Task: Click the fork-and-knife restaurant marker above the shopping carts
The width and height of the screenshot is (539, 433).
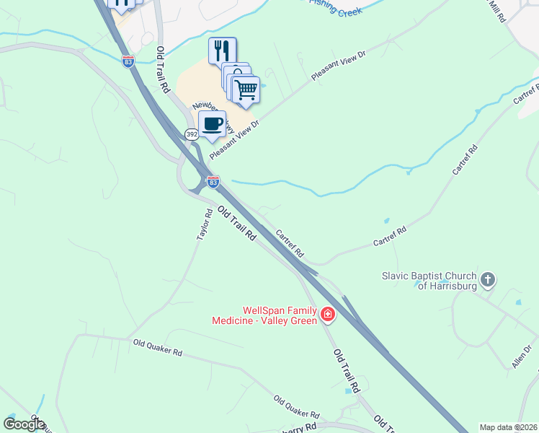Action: click(x=223, y=51)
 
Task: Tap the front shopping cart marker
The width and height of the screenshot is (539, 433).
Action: click(x=246, y=89)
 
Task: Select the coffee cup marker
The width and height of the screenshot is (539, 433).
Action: click(x=213, y=124)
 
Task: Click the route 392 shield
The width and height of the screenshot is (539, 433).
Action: click(x=192, y=134)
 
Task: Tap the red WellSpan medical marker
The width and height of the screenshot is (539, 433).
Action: click(x=327, y=314)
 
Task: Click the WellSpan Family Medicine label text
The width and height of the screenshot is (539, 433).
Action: click(x=264, y=315)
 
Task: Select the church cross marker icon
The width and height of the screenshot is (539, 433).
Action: click(x=488, y=279)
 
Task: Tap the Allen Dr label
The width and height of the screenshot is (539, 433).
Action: click(x=522, y=357)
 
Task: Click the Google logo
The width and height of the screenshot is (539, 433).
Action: click(x=24, y=424)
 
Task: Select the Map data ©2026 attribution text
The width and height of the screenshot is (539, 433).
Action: click(x=508, y=427)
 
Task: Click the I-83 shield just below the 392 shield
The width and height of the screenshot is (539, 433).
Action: click(x=213, y=182)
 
